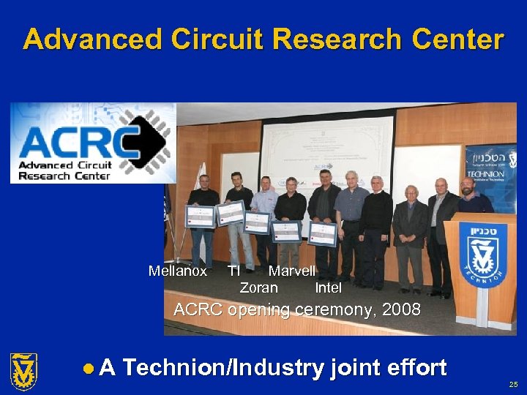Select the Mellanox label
[x=177, y=271]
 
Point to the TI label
[x=233, y=271]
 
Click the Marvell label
[x=291, y=271]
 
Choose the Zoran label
[x=258, y=287]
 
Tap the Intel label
[x=328, y=287]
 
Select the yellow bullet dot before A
[x=88, y=368]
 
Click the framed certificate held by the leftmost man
[x=199, y=217]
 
